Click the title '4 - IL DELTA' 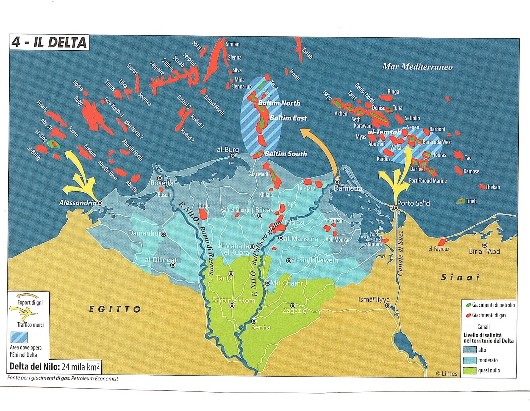tap(49, 43)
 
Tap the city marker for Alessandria tap(100, 203)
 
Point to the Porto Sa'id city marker tap(396, 208)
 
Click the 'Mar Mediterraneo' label tap(417, 67)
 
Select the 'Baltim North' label tap(279, 103)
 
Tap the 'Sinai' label tap(460, 278)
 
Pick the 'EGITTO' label tap(115, 309)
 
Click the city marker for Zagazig tap(293, 305)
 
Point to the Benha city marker tap(253, 321)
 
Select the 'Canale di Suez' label tap(400, 253)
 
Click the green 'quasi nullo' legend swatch tap(470, 371)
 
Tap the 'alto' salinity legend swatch tap(470, 350)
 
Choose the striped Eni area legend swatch tap(19, 337)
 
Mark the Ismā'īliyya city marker tap(388, 305)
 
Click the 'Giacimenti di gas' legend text tap(489, 315)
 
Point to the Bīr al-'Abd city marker tap(485, 245)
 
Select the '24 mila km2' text tap(81, 367)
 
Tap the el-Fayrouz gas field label tap(439, 249)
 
